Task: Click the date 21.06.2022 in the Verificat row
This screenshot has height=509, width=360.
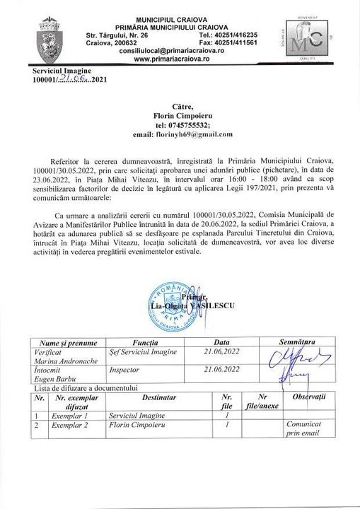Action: pos(221,351)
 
